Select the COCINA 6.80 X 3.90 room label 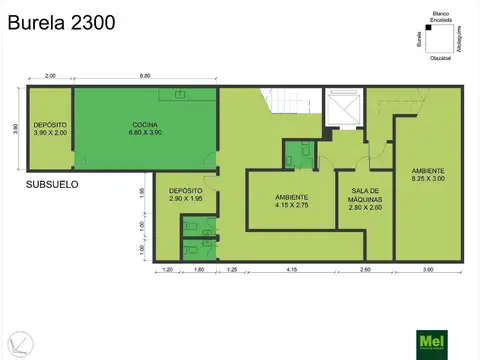point(144,128)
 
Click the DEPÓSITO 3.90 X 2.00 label point(49,128)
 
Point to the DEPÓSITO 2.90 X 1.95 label point(186,195)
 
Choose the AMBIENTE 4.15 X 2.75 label point(291,201)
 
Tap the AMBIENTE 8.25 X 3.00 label point(427,175)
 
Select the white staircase point(283,104)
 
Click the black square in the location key point(428,30)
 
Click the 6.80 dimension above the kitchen point(145,76)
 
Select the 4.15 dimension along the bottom point(291,270)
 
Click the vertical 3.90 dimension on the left point(15,128)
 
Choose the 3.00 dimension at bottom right point(429,270)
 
